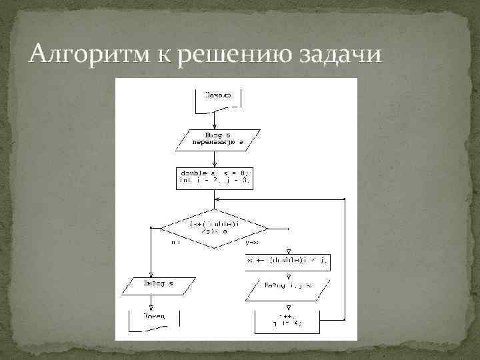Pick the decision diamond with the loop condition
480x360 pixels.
(214, 227)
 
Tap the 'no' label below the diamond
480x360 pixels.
(175, 243)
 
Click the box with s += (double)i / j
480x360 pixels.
(289, 261)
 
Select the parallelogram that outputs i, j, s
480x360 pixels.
(289, 288)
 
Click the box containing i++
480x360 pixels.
(289, 321)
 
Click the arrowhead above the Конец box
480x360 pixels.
(152, 307)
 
